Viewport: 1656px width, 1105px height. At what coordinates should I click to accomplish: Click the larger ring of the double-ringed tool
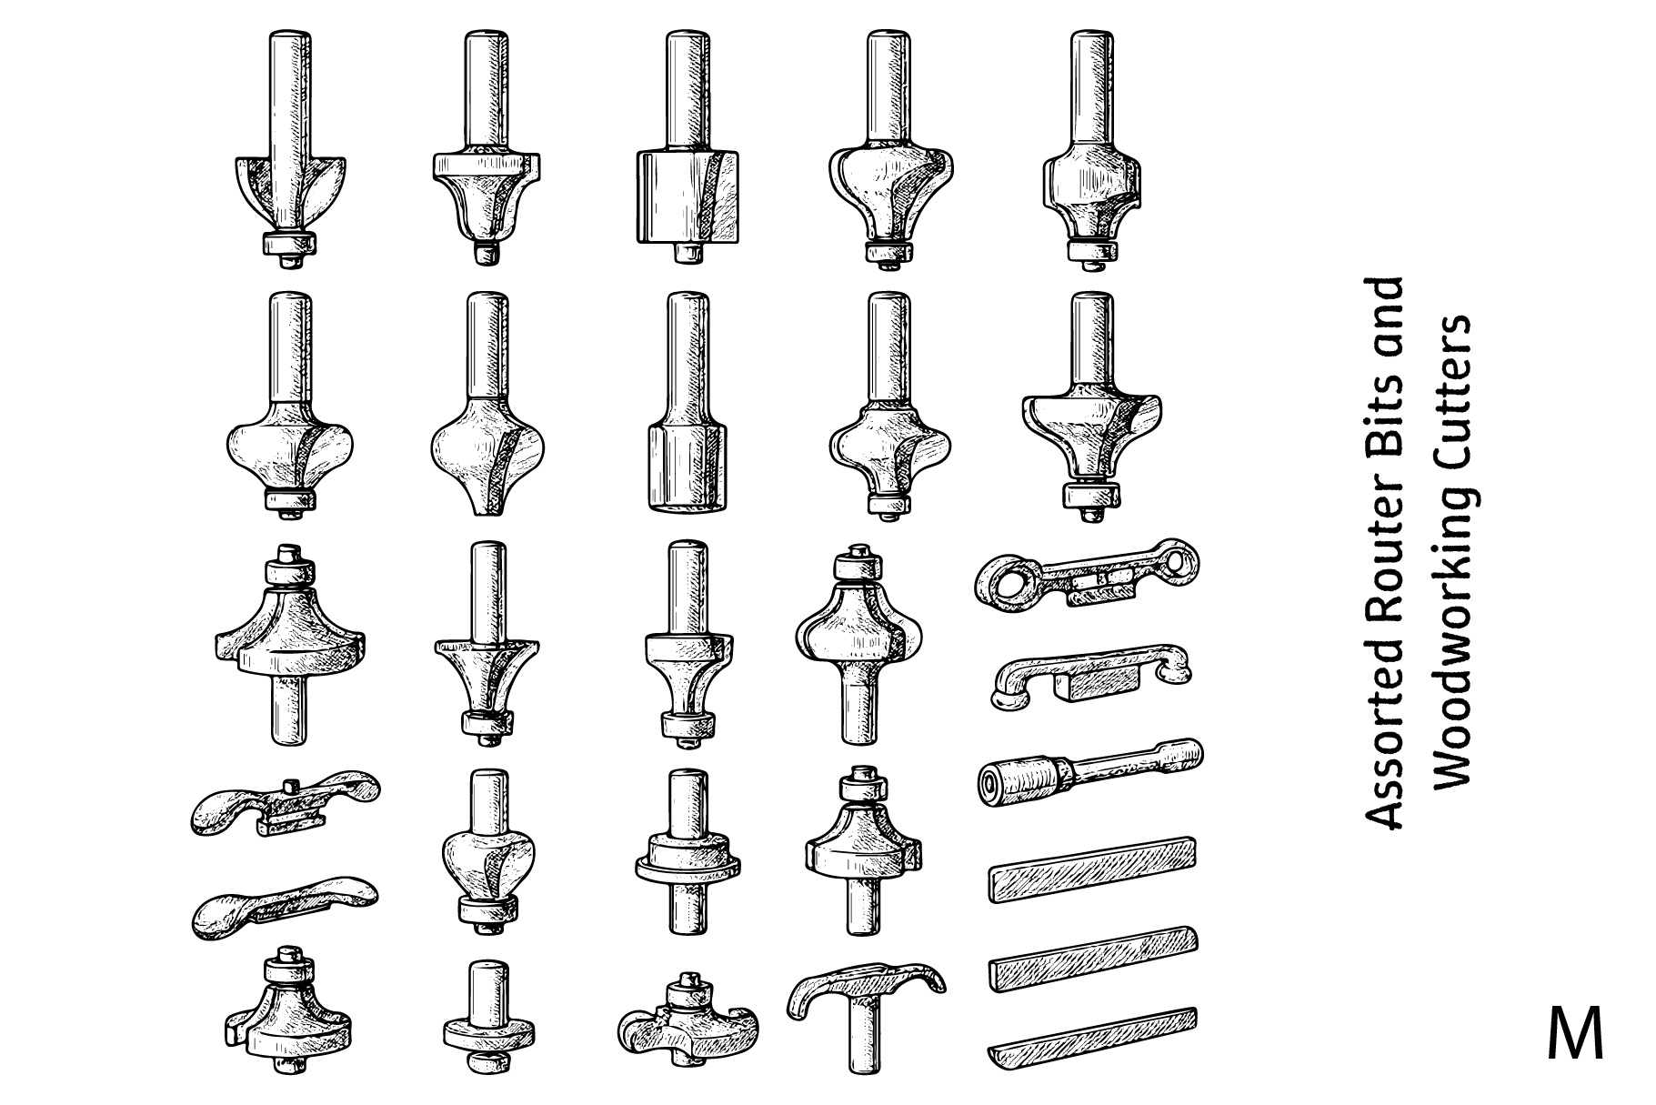click(1007, 582)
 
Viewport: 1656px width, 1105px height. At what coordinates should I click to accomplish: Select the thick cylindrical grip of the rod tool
click(1019, 779)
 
